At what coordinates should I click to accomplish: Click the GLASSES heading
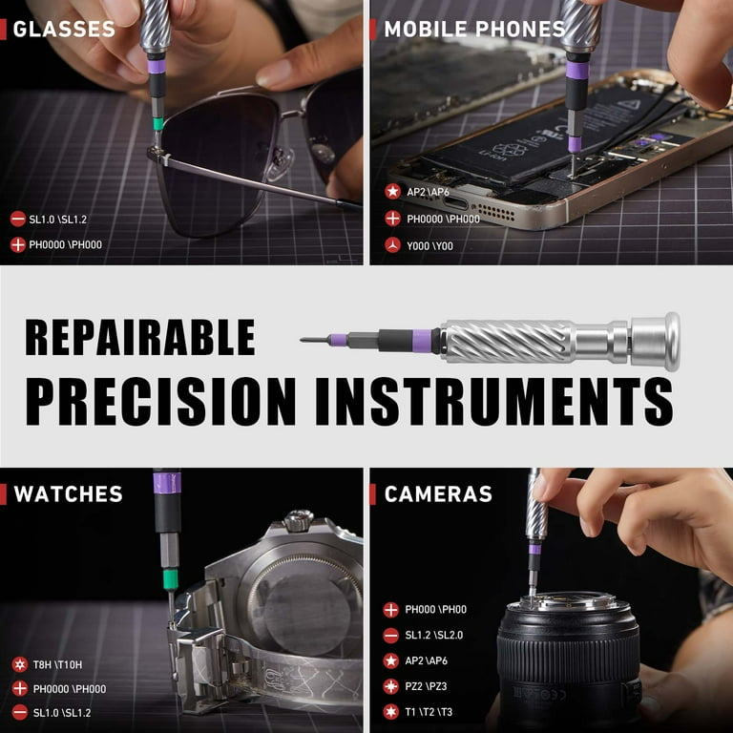click(64, 29)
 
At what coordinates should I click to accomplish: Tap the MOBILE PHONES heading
click(474, 29)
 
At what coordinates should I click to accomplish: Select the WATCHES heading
click(69, 493)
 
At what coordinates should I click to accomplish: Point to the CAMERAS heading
click(438, 493)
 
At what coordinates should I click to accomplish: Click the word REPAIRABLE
click(140, 337)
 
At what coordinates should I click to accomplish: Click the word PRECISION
click(160, 402)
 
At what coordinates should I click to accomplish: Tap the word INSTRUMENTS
click(494, 402)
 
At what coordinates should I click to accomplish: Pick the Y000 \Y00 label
click(429, 246)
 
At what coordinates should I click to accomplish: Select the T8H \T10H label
click(57, 664)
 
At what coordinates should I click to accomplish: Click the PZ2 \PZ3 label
click(426, 686)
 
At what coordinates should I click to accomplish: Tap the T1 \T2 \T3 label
click(429, 712)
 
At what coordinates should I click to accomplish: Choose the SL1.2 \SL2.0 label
click(434, 635)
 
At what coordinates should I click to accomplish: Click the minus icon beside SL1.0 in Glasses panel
click(18, 219)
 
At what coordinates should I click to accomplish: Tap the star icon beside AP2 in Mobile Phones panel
click(392, 191)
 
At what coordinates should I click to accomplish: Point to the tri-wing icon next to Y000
click(392, 245)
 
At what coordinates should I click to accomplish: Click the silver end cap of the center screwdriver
click(655, 342)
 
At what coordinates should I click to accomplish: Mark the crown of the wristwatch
click(298, 520)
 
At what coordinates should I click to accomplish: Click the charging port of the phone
click(455, 203)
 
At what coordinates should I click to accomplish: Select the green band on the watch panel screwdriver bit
click(170, 579)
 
